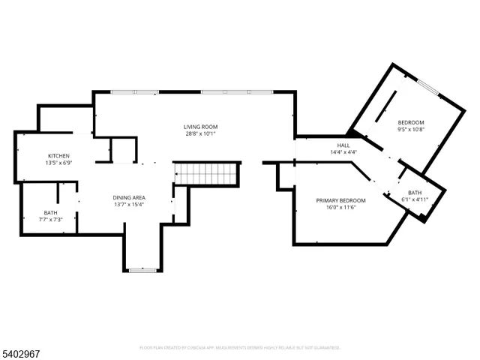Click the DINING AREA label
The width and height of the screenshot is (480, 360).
point(128,196)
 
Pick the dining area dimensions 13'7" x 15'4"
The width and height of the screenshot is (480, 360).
point(128,204)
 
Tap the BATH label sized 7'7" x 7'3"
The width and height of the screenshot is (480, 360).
point(50,213)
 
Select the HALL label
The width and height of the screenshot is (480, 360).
point(343,145)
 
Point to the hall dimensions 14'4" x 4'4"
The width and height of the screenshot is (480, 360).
point(343,153)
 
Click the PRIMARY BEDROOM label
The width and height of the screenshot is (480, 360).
point(340,200)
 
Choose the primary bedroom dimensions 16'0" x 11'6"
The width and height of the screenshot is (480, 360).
point(340,208)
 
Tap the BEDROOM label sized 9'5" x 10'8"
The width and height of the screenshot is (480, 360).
point(410,122)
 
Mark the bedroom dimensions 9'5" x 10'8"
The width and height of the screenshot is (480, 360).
point(410,130)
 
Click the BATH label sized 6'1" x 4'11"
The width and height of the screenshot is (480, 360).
point(415,192)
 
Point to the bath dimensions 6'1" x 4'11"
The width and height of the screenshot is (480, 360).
point(415,200)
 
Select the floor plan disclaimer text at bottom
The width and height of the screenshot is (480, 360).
point(240,347)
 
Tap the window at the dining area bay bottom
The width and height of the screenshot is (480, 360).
point(141,269)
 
